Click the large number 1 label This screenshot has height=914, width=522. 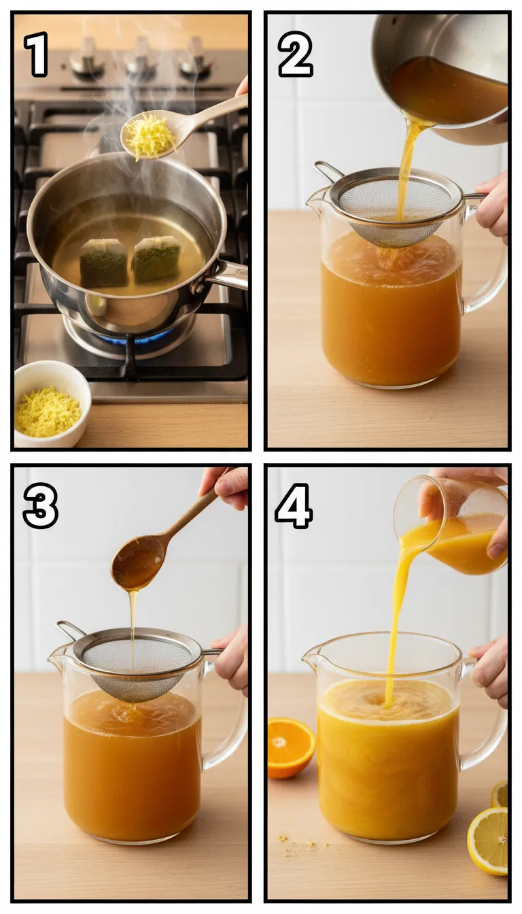click(36, 54)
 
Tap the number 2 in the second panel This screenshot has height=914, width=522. click(295, 54)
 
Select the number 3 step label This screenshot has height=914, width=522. click(40, 507)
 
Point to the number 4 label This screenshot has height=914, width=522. click(294, 507)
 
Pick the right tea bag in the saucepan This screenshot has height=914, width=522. click(156, 258)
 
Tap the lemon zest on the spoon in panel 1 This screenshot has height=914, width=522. click(150, 136)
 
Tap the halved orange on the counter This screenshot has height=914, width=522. click(290, 747)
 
